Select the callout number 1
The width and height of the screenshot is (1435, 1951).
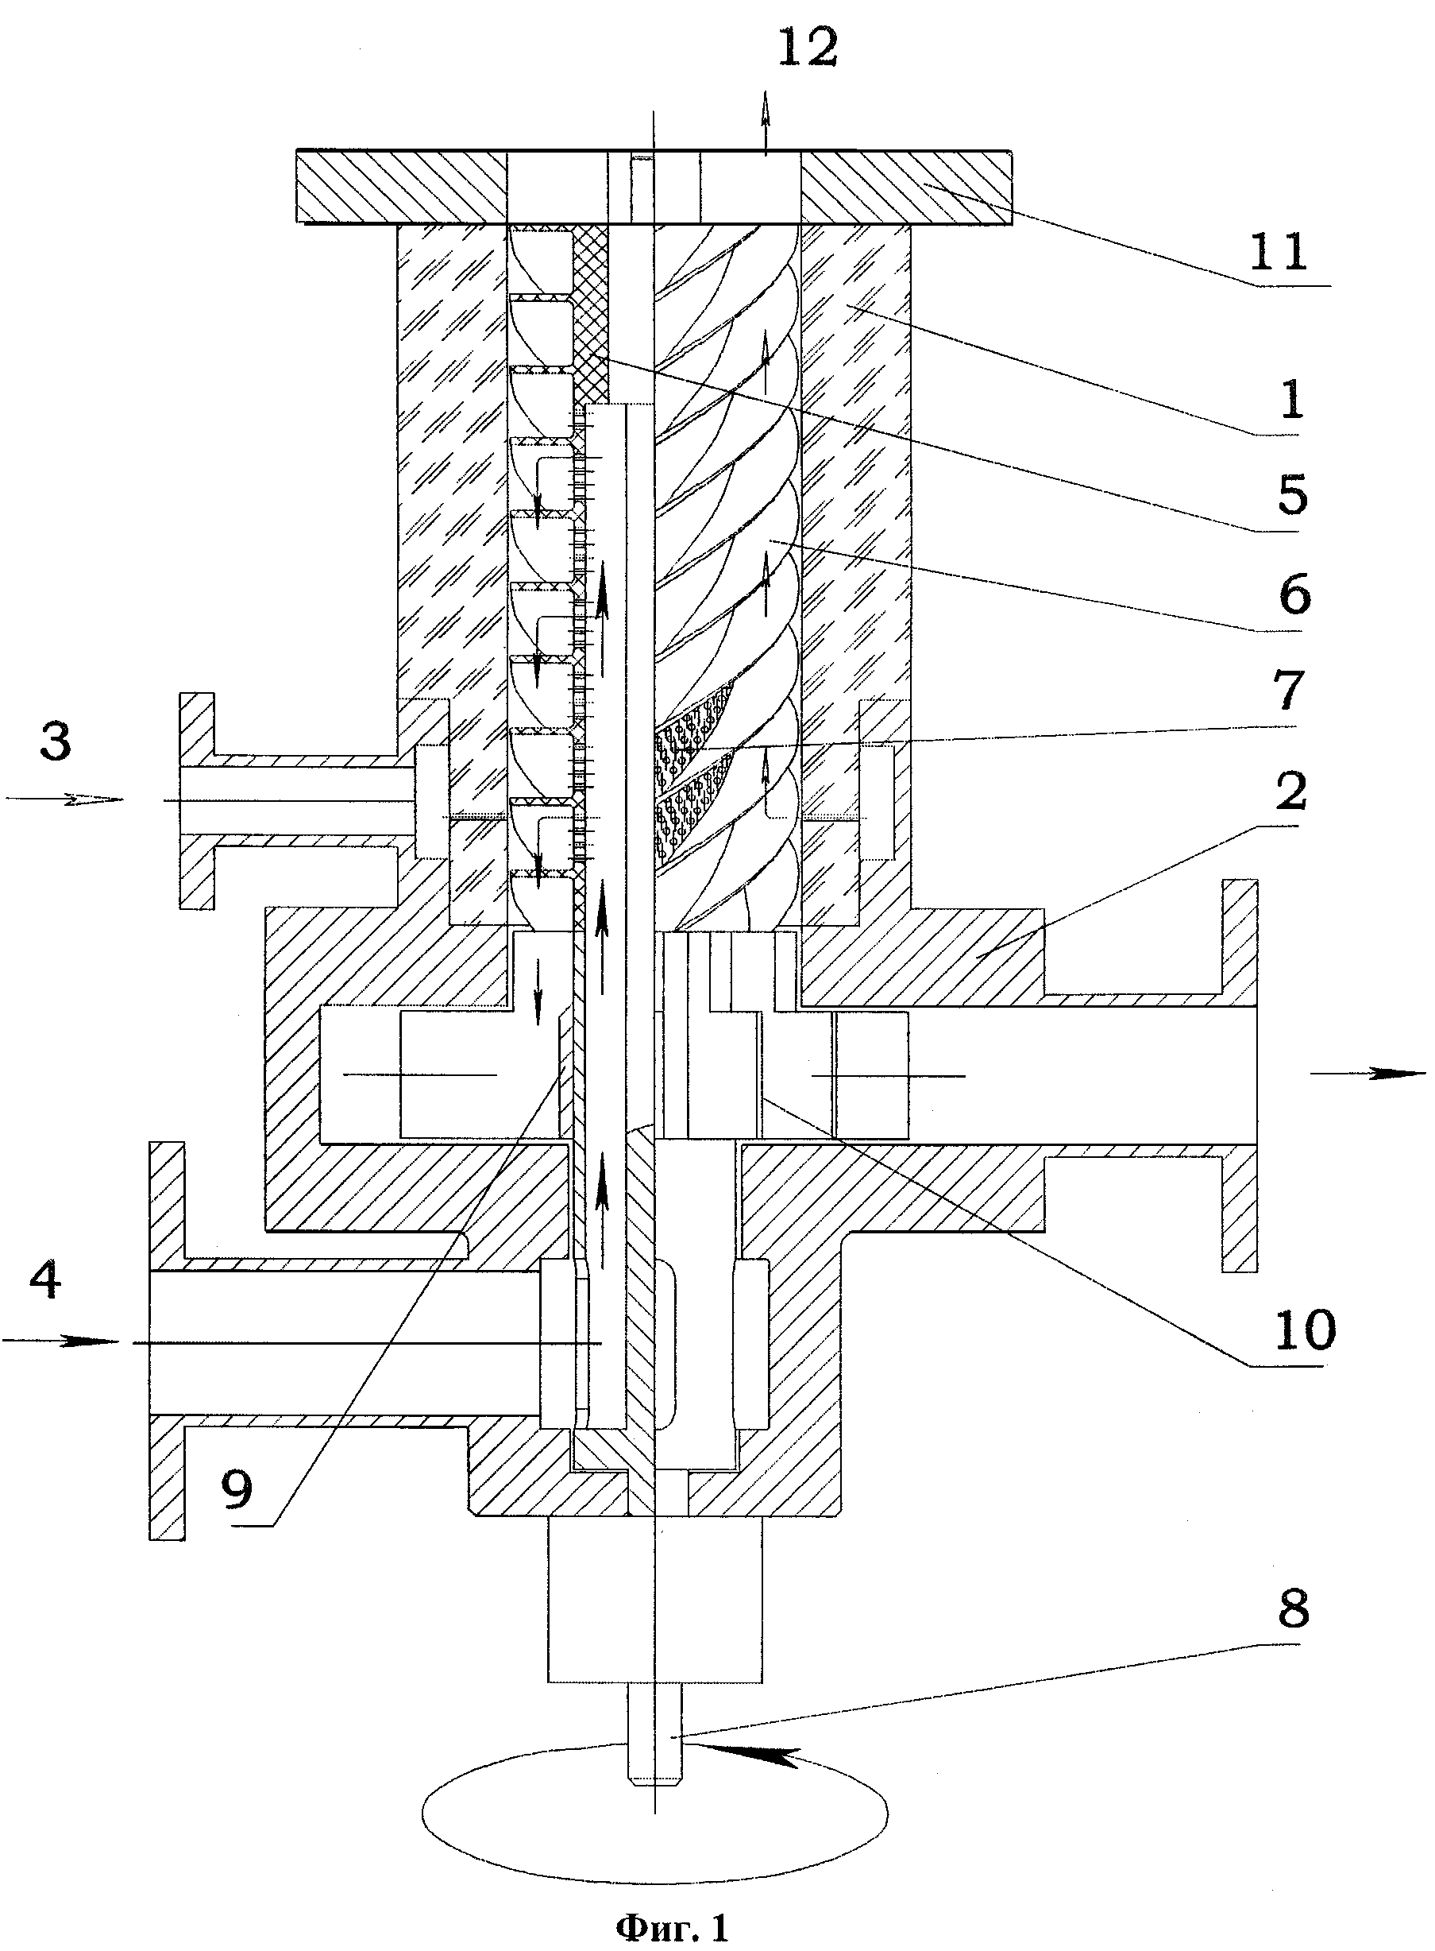point(1293,400)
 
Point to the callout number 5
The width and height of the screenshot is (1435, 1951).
point(1293,495)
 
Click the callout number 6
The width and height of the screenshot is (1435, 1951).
point(1294,594)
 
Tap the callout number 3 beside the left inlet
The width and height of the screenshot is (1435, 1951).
point(56,743)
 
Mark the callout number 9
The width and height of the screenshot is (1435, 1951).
point(237,1489)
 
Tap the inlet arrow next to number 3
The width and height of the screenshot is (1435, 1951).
point(64,799)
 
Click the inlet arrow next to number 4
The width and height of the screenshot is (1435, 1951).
point(61,1341)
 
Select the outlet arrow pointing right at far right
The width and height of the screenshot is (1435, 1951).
point(1368,1074)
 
